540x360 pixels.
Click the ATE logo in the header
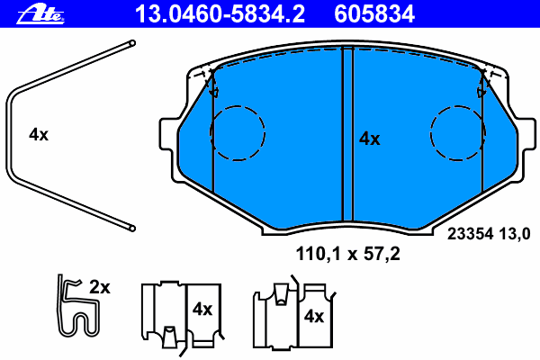click(x=40, y=14)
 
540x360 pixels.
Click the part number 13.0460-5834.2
click(x=220, y=14)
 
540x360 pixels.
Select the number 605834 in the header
click(x=374, y=14)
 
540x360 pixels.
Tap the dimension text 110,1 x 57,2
click(x=347, y=254)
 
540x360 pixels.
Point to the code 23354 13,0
click(x=489, y=234)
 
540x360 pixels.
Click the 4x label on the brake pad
click(x=370, y=139)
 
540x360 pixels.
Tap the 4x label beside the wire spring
click(x=39, y=135)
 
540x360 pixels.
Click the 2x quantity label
click(x=100, y=287)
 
